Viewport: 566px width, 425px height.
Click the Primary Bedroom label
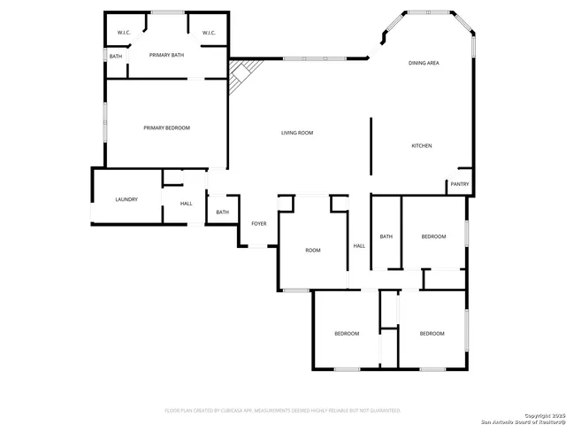pos(166,128)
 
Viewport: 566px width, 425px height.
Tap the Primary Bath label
pos(166,56)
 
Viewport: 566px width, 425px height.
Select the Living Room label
pos(297,133)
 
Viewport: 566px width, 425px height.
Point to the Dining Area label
pos(424,64)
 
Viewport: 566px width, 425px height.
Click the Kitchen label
pos(421,145)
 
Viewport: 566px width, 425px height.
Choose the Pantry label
pos(460,184)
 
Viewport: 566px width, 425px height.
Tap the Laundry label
pos(126,199)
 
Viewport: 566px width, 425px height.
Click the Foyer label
pos(258,224)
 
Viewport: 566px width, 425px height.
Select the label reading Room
pos(312,251)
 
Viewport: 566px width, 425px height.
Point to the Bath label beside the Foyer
pos(222,212)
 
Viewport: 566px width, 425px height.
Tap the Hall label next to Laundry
pos(186,204)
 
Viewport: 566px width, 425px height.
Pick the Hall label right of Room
pos(359,246)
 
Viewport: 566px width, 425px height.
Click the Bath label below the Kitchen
pos(386,236)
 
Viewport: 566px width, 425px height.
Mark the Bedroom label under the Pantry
pos(433,236)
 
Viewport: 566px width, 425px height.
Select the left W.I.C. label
pos(124,34)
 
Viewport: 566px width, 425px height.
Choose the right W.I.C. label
pos(209,34)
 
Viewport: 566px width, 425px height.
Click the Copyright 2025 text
pos(541,414)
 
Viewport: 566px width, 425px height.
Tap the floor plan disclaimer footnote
pos(283,411)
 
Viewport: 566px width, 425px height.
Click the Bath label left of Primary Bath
pos(116,57)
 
